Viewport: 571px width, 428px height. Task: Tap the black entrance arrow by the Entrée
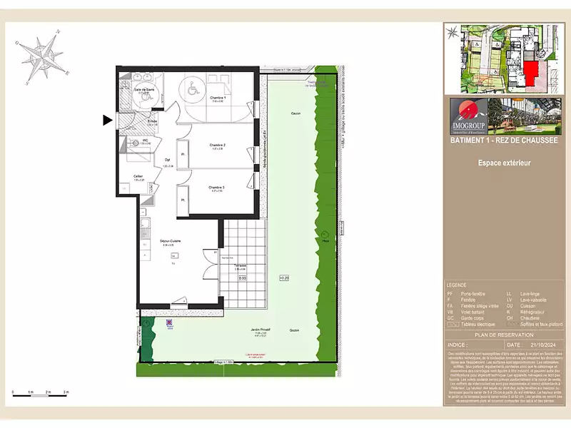[x=108, y=121]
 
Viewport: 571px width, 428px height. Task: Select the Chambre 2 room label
[x=218, y=146]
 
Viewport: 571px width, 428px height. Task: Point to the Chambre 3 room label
[x=217, y=187]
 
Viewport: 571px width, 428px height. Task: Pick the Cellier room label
[x=138, y=177]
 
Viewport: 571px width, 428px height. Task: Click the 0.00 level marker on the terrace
[x=242, y=278]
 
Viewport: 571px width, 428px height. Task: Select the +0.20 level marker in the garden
[x=283, y=277]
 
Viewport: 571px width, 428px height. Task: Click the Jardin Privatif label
[x=260, y=330]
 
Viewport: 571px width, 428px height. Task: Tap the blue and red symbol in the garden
[x=168, y=323]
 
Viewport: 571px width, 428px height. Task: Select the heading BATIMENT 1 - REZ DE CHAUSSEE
[x=503, y=141]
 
